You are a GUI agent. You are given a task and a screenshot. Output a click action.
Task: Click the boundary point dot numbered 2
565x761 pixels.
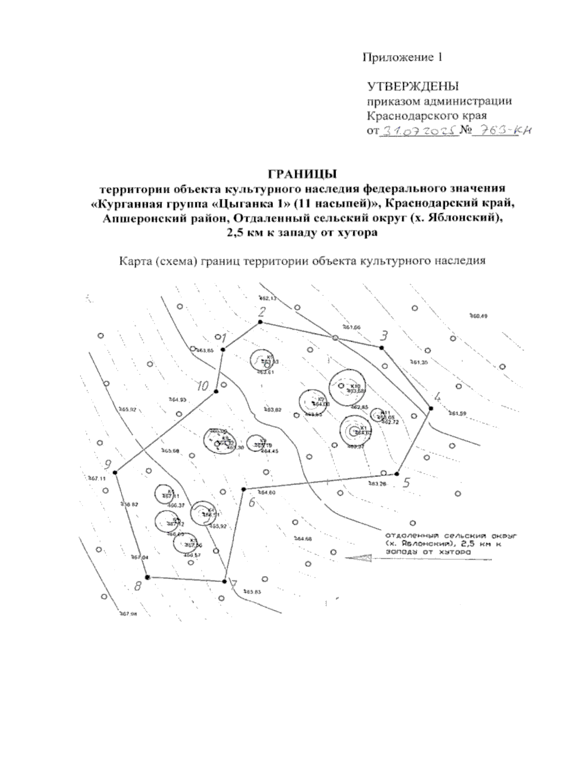(259, 322)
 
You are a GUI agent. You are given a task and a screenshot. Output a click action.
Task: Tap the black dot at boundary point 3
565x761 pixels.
(381, 348)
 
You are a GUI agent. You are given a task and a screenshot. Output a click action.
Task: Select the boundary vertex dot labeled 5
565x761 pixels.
(396, 473)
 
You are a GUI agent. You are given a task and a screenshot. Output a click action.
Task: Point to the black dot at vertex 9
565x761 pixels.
(115, 472)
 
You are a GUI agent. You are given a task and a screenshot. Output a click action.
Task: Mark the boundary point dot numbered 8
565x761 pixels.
(147, 577)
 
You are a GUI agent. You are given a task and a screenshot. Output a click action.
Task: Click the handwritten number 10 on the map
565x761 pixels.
(202, 387)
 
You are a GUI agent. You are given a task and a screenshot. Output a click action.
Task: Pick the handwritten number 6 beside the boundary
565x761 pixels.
(251, 503)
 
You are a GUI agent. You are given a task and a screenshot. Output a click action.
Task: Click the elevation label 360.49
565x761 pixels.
(478, 316)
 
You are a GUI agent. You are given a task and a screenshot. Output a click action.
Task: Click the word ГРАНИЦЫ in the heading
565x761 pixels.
(302, 174)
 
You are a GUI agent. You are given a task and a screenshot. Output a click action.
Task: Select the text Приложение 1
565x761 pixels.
(402, 57)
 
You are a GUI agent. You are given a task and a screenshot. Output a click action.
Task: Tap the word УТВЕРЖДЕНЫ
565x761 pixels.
(413, 87)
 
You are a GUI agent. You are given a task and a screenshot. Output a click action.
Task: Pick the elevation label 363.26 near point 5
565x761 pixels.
(377, 484)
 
